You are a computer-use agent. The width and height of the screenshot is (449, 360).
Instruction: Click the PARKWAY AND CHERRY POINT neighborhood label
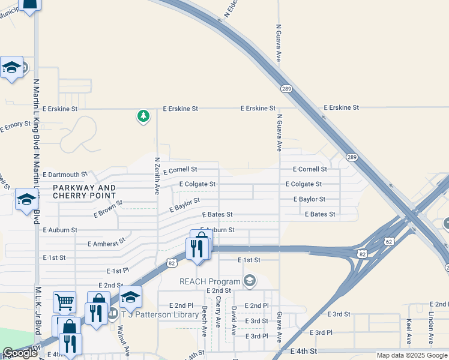(84, 191)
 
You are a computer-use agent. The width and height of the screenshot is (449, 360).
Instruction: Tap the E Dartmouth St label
(65, 174)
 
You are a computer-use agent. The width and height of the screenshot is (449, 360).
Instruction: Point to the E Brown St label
(108, 209)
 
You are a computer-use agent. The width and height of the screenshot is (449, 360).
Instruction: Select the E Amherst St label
(106, 242)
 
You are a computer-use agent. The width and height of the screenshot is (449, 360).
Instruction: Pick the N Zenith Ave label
(157, 176)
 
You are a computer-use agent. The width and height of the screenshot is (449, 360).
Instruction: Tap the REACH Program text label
(209, 281)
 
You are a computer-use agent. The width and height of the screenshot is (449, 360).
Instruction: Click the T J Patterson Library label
(160, 314)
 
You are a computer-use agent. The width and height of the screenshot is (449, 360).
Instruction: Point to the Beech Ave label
(205, 320)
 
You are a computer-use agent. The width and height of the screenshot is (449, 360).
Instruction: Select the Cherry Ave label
(218, 316)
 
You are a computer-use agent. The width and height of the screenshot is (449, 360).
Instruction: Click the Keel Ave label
(409, 331)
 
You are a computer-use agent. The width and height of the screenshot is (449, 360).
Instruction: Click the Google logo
(20, 353)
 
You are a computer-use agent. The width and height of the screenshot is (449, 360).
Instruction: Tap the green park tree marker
(143, 115)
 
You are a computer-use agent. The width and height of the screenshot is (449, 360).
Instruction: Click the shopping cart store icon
(64, 302)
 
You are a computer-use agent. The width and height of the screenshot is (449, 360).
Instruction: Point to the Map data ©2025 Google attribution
(412, 355)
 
